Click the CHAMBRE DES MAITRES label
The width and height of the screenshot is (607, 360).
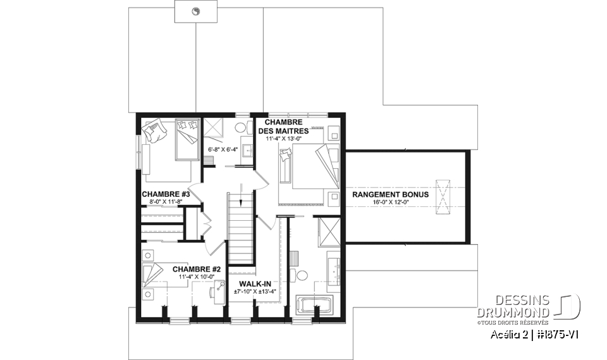(282, 126)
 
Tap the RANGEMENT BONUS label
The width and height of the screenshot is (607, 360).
(390, 194)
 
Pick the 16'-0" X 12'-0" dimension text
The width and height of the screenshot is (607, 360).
(390, 202)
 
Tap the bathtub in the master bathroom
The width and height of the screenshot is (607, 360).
(316, 305)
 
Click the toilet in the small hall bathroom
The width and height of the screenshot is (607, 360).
(242, 127)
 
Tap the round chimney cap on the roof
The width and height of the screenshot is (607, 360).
(195, 11)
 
